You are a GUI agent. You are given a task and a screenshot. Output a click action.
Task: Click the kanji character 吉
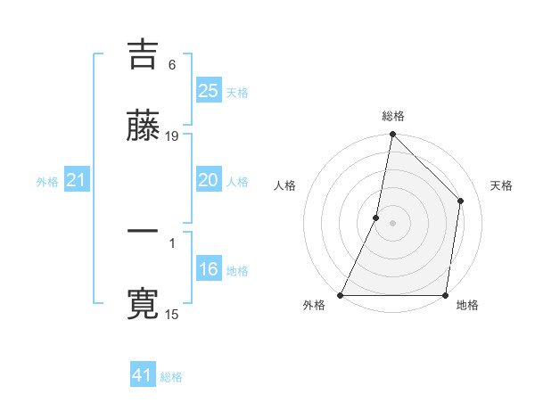[143, 54]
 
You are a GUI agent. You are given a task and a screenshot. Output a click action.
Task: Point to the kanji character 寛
[143, 304]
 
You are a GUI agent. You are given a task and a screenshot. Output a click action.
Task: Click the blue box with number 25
[208, 91]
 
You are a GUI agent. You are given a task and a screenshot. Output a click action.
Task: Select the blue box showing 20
[208, 180]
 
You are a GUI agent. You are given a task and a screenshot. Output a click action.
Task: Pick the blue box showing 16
[208, 269]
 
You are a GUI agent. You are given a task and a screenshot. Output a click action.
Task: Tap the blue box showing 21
[76, 181]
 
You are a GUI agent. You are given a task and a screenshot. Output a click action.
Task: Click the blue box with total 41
[143, 375]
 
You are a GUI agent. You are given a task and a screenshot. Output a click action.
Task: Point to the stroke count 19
[172, 136]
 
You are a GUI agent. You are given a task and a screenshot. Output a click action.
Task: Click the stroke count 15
[172, 314]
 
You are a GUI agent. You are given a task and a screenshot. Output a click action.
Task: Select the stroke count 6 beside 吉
[171, 64]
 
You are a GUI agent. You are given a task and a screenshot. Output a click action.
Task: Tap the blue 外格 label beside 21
[47, 182]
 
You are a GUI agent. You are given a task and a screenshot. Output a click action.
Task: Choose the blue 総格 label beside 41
[171, 377]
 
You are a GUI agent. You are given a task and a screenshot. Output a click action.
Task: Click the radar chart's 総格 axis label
[393, 116]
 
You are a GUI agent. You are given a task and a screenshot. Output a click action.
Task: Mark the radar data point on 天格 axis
[461, 201]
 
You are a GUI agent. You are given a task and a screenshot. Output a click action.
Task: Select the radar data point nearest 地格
[446, 295]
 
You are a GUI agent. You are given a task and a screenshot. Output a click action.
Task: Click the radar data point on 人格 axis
[376, 218]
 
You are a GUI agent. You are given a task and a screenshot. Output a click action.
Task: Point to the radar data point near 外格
[341, 295]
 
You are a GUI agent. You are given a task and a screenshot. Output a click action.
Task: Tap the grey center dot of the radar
[393, 223]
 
